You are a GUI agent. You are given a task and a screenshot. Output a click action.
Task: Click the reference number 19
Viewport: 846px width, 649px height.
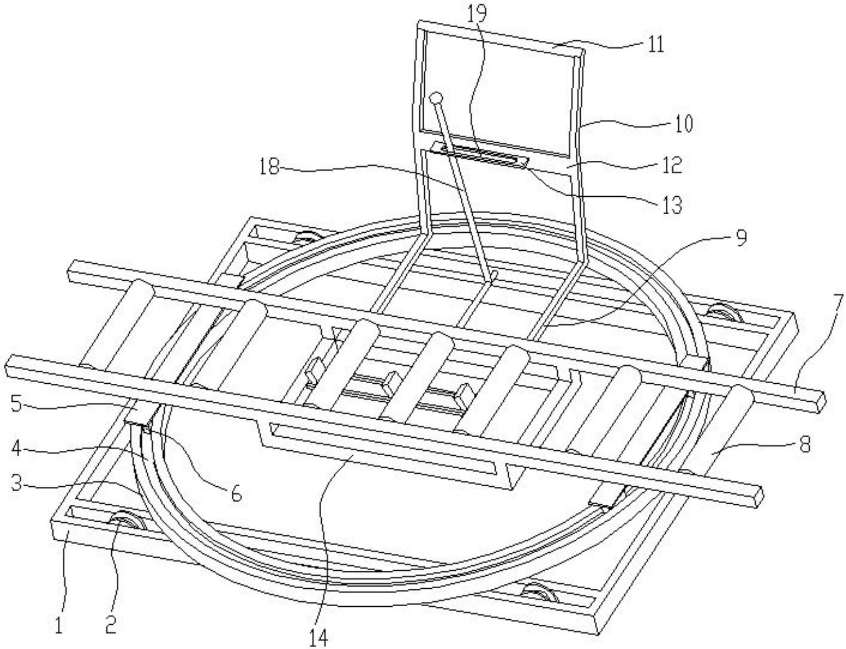477,14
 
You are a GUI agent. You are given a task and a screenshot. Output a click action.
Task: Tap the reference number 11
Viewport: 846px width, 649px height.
656,45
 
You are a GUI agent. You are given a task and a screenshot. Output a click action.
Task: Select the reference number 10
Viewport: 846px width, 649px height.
683,124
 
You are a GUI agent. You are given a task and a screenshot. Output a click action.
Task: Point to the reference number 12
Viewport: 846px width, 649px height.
673,166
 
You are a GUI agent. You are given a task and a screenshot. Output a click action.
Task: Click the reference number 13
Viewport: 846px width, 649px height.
673,205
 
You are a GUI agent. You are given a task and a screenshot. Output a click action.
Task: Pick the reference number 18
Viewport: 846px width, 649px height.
269,168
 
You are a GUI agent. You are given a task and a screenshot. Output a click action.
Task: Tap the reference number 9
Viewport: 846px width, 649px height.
741,239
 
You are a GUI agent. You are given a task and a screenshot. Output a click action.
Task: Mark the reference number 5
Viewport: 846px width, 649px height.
16,405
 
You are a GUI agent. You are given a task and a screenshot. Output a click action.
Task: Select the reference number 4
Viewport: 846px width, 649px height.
16,448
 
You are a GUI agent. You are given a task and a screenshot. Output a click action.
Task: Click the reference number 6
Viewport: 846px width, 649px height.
236,494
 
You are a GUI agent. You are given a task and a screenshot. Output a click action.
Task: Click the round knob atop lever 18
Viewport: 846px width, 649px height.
436,98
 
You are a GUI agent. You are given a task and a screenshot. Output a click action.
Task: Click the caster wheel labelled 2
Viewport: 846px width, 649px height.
128,524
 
